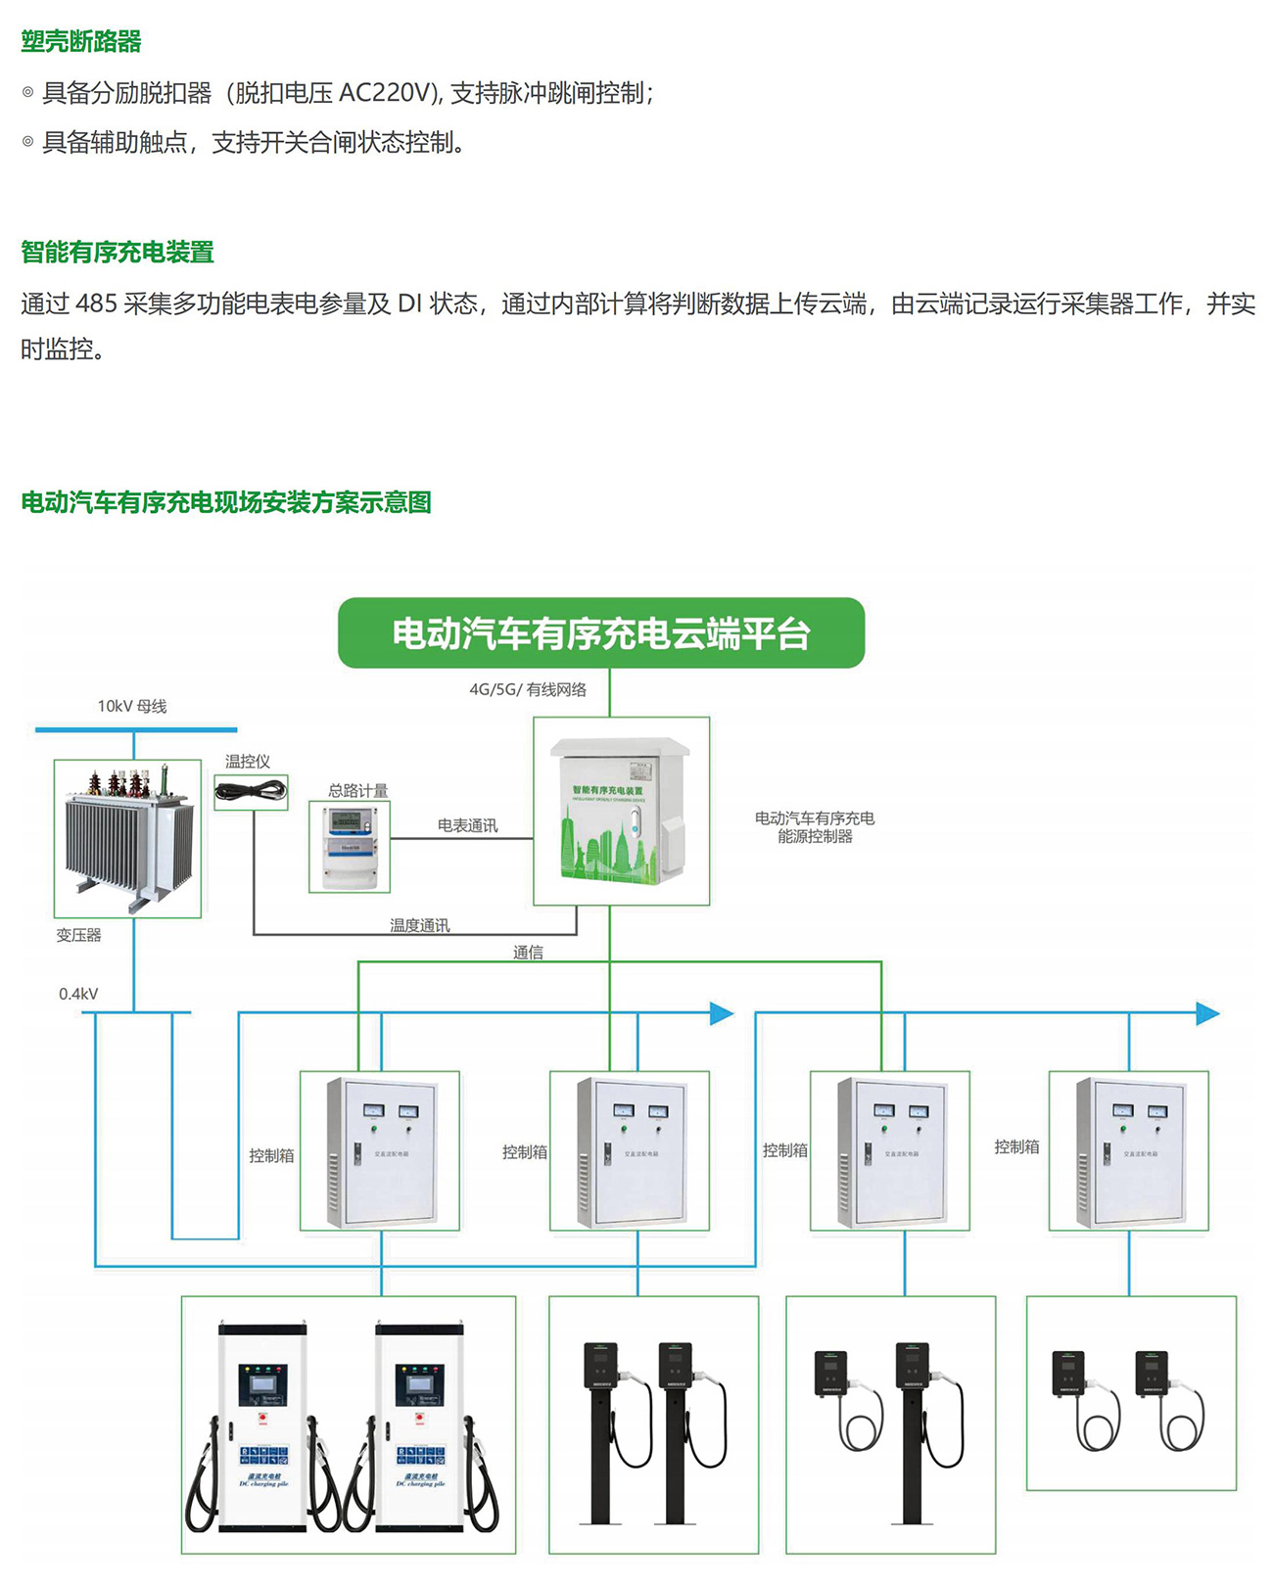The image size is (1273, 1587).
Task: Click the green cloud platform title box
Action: point(601,633)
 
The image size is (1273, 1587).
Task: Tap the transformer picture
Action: point(127,837)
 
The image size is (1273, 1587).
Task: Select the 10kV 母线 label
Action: point(131,706)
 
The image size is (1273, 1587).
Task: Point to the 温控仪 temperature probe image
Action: point(251,790)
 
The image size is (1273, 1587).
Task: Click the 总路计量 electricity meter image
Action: point(350,846)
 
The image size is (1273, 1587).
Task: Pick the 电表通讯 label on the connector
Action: point(467,825)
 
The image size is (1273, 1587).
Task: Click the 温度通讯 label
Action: point(419,924)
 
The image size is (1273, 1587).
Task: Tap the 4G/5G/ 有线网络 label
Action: point(528,689)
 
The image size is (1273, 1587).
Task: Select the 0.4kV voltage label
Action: point(78,994)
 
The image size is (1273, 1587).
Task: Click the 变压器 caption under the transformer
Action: point(78,935)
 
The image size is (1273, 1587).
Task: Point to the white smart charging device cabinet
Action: point(621,811)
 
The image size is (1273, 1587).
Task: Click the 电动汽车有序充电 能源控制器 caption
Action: point(815,826)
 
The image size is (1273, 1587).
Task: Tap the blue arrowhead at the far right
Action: point(1208,1013)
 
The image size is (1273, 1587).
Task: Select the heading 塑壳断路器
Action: point(81,41)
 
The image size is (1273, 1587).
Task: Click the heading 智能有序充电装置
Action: point(118,252)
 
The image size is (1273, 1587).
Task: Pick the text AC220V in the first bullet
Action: point(385,93)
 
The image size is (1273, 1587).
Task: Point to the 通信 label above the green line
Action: point(528,952)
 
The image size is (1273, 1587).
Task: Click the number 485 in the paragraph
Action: point(96,303)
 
